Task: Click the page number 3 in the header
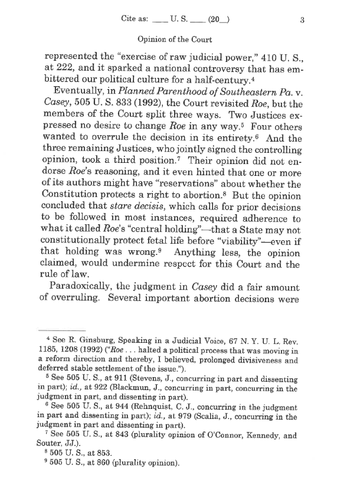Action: tap(301, 19)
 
